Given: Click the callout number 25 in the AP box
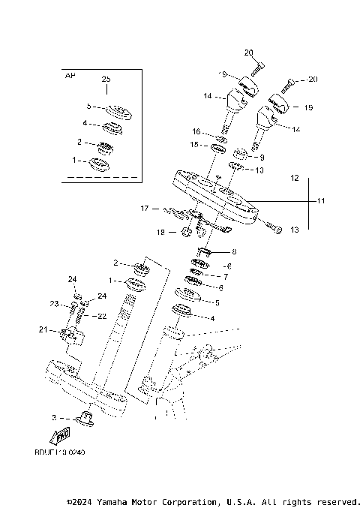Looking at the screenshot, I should click(x=106, y=79).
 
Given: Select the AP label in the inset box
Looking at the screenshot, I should click(x=70, y=76).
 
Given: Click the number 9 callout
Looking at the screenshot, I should click(x=262, y=158).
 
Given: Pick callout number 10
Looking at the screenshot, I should click(x=260, y=170).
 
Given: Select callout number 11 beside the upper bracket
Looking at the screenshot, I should click(x=321, y=201).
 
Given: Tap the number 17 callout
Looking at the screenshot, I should click(x=146, y=208).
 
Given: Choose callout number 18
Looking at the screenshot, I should click(x=160, y=233).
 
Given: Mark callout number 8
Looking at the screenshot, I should click(x=234, y=252).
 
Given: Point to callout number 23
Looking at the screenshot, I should click(x=54, y=304).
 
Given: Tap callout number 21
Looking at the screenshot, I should click(x=43, y=329).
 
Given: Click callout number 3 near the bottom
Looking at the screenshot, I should click(x=53, y=416).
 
